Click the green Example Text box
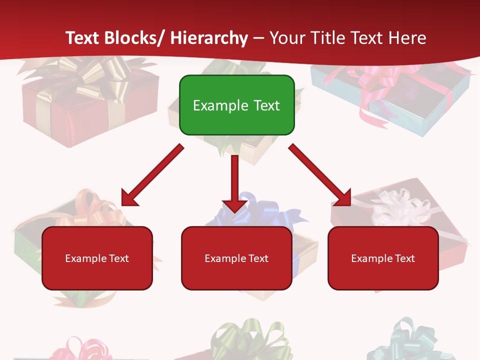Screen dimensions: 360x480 [x=236, y=105]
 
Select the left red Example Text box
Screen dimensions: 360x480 [x=97, y=258]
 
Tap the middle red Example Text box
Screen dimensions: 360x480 [x=236, y=258]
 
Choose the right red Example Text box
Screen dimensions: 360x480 [x=383, y=258]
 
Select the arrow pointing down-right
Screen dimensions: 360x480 [x=320, y=175]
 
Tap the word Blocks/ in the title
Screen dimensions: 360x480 [x=134, y=38]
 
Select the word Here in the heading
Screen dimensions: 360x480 [x=408, y=38]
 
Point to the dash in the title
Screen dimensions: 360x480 [x=258, y=38]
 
